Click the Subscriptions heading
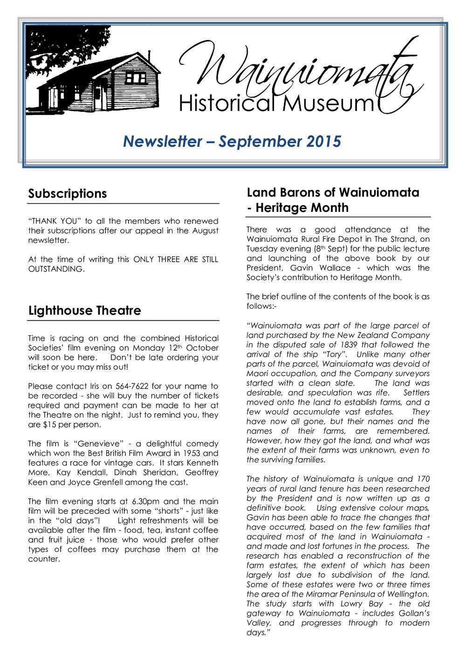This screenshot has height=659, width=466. (x=68, y=194)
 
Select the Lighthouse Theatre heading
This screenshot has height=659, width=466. (x=84, y=311)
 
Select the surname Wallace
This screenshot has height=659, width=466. (x=334, y=268)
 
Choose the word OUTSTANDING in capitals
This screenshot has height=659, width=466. (x=56, y=269)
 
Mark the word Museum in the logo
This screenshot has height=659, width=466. (x=328, y=103)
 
